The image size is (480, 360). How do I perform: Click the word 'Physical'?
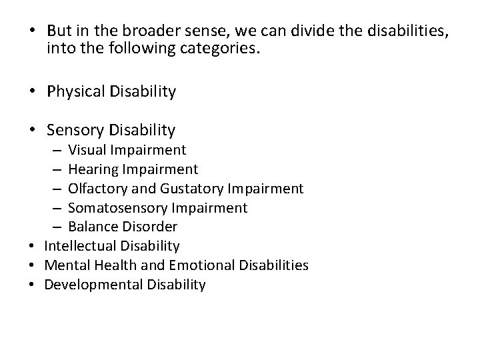pyautogui.click(x=74, y=91)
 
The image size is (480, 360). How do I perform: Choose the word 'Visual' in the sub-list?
pyautogui.click(x=86, y=150)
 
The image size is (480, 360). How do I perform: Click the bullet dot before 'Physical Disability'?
pyautogui.click(x=31, y=92)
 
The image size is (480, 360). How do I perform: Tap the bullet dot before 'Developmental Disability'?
pyautogui.click(x=31, y=285)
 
